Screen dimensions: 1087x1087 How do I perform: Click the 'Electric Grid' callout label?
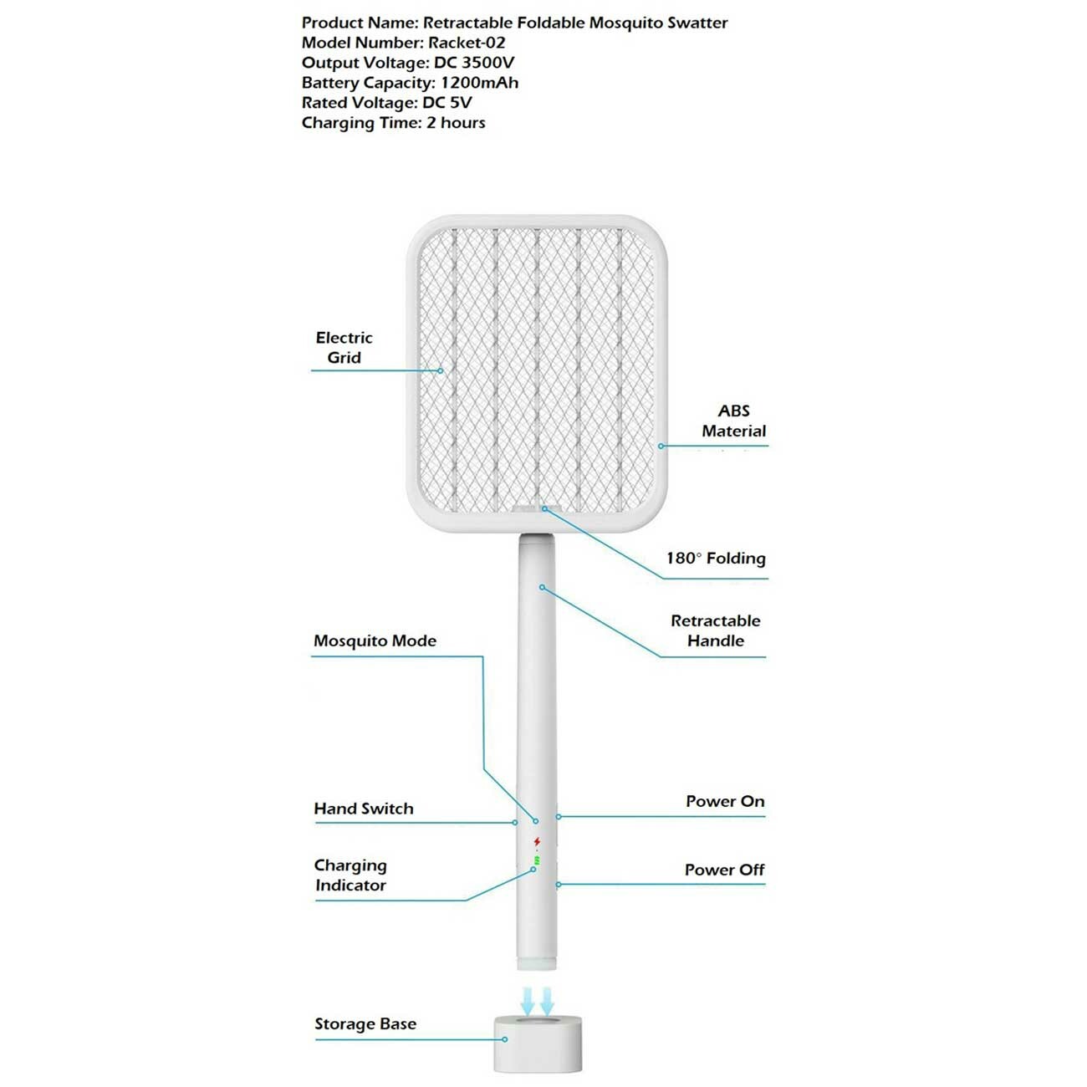tap(344, 348)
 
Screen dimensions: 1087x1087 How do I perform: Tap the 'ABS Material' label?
tap(733, 421)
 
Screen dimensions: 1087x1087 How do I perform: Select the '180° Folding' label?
tap(716, 558)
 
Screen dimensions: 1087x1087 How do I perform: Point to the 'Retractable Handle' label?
tap(715, 630)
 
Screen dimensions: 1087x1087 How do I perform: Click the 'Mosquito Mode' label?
tap(375, 640)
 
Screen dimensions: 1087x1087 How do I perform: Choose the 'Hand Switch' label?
tap(363, 809)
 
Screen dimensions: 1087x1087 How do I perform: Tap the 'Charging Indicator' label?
tap(350, 875)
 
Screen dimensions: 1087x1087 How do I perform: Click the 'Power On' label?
tap(725, 801)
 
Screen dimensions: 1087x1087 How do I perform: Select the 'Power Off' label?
tap(724, 870)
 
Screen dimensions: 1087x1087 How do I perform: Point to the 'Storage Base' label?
tap(365, 1023)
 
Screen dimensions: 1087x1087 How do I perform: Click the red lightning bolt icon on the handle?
tap(537, 842)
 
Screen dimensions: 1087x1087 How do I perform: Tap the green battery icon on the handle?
tap(537, 860)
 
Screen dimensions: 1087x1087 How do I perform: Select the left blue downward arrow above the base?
tap(528, 1000)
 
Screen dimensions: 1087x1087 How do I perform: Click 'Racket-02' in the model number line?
tap(467, 43)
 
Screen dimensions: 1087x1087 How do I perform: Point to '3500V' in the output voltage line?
tap(487, 63)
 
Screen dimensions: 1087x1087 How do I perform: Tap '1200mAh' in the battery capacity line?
tap(479, 82)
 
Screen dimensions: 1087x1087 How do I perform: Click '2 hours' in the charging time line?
tap(456, 122)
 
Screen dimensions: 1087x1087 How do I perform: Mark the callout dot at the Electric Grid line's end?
tap(441, 370)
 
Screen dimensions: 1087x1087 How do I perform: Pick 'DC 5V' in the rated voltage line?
tap(447, 103)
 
